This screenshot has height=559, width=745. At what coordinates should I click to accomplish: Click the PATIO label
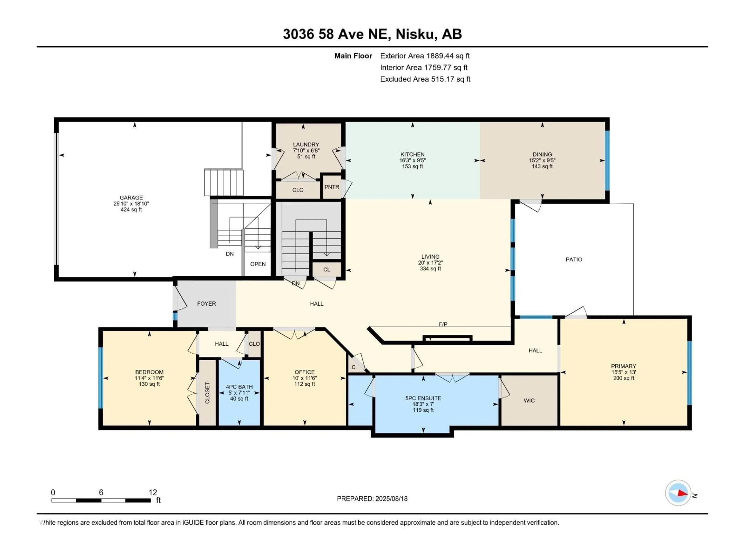coord(573,260)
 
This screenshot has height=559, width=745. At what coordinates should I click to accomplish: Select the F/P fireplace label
coord(443,324)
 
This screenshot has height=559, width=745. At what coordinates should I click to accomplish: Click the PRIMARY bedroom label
coord(623,366)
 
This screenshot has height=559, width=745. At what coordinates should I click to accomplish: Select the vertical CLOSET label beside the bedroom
coord(207,393)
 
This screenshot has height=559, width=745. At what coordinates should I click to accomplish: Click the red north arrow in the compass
coord(682,493)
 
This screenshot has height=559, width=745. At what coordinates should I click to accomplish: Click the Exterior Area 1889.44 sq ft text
coord(425,56)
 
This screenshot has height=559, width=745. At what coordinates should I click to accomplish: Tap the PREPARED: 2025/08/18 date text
coord(372,499)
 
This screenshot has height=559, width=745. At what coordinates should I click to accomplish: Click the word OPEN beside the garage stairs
coord(258,264)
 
